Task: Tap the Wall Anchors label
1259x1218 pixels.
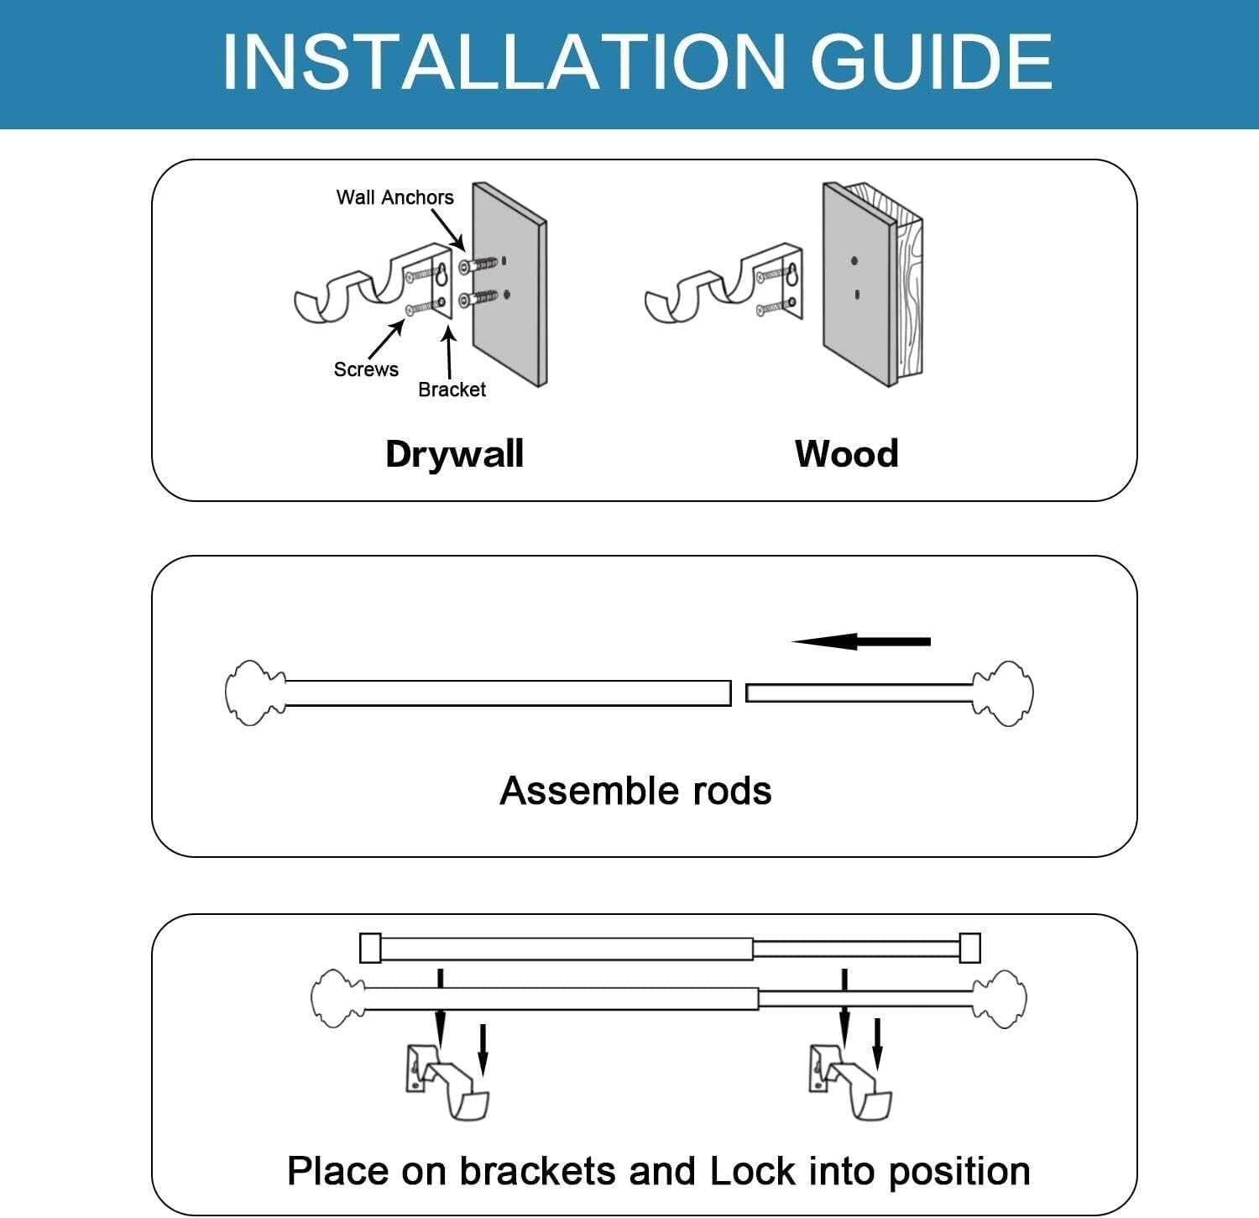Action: click(x=394, y=197)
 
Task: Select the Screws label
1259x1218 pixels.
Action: click(x=366, y=369)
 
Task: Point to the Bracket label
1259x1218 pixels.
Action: click(x=452, y=389)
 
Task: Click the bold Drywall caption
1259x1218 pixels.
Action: click(x=454, y=454)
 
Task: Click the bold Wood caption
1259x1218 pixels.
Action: click(x=846, y=454)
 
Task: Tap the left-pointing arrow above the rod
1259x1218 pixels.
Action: click(x=860, y=641)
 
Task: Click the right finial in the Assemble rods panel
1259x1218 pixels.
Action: click(x=1004, y=693)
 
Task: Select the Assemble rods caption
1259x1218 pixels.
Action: click(x=635, y=791)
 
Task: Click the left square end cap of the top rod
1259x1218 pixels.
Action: click(x=370, y=948)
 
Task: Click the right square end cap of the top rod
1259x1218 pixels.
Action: click(x=969, y=948)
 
